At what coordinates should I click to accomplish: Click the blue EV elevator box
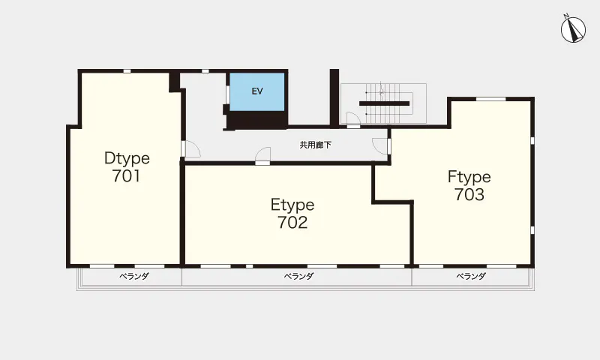tap(257, 91)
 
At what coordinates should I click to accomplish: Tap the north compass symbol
tap(573, 29)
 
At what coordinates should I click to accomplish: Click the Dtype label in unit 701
tap(127, 159)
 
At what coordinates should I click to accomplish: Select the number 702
tap(292, 222)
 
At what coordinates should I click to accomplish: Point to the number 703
tap(469, 194)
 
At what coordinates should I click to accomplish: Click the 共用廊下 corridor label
tap(315, 145)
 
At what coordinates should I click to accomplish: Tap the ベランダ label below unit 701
tap(134, 276)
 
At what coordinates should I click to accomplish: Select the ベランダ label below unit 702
tap(298, 276)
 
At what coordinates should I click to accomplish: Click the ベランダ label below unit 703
tap(471, 276)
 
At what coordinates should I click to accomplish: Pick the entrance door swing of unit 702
tap(263, 154)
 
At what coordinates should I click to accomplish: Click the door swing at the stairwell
tap(353, 118)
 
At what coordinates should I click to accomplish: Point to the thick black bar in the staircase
tap(384, 103)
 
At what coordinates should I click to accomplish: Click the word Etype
tap(292, 205)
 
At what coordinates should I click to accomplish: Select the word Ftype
tap(469, 177)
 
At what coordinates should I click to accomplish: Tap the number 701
tap(127, 175)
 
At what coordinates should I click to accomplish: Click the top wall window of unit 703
tap(491, 99)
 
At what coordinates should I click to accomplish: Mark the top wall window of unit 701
tap(127, 71)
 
